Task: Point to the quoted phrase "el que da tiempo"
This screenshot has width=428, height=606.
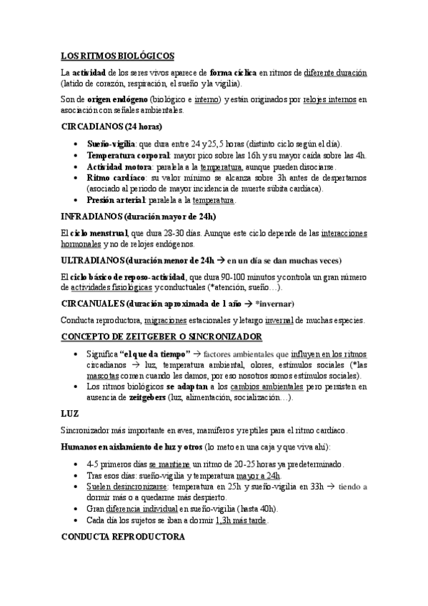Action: (155, 354)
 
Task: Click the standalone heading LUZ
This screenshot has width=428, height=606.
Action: (69, 413)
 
